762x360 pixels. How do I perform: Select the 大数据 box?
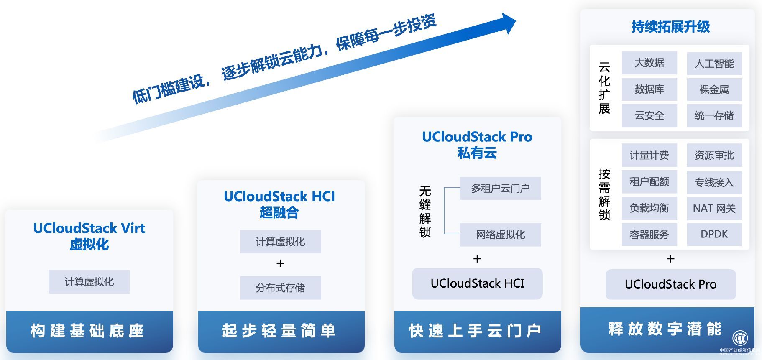pos(649,63)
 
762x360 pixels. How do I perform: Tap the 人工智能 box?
pos(714,64)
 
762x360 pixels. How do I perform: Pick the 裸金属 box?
pos(714,89)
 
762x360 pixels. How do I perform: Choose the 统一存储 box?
pos(714,115)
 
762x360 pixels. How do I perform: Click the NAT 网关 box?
pos(714,208)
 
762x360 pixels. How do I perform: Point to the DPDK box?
pos(714,234)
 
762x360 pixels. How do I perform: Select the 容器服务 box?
pos(649,234)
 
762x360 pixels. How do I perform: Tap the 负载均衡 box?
pos(649,208)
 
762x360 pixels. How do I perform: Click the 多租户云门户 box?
pos(500,189)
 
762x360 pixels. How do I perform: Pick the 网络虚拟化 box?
pos(500,235)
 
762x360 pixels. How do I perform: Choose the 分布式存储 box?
pos(280,288)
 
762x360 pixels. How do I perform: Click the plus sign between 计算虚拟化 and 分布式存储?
pos(280,263)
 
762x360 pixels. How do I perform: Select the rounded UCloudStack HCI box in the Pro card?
pos(477,283)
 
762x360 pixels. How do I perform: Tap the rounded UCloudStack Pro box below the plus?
pos(670,284)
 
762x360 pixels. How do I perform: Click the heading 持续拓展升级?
pos(670,27)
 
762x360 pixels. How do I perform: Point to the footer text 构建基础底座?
pos(88,331)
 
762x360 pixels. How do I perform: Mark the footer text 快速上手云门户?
pos(476,331)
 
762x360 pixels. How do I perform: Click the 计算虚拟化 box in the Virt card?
pos(89,282)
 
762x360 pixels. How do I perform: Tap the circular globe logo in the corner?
pos(740,338)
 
